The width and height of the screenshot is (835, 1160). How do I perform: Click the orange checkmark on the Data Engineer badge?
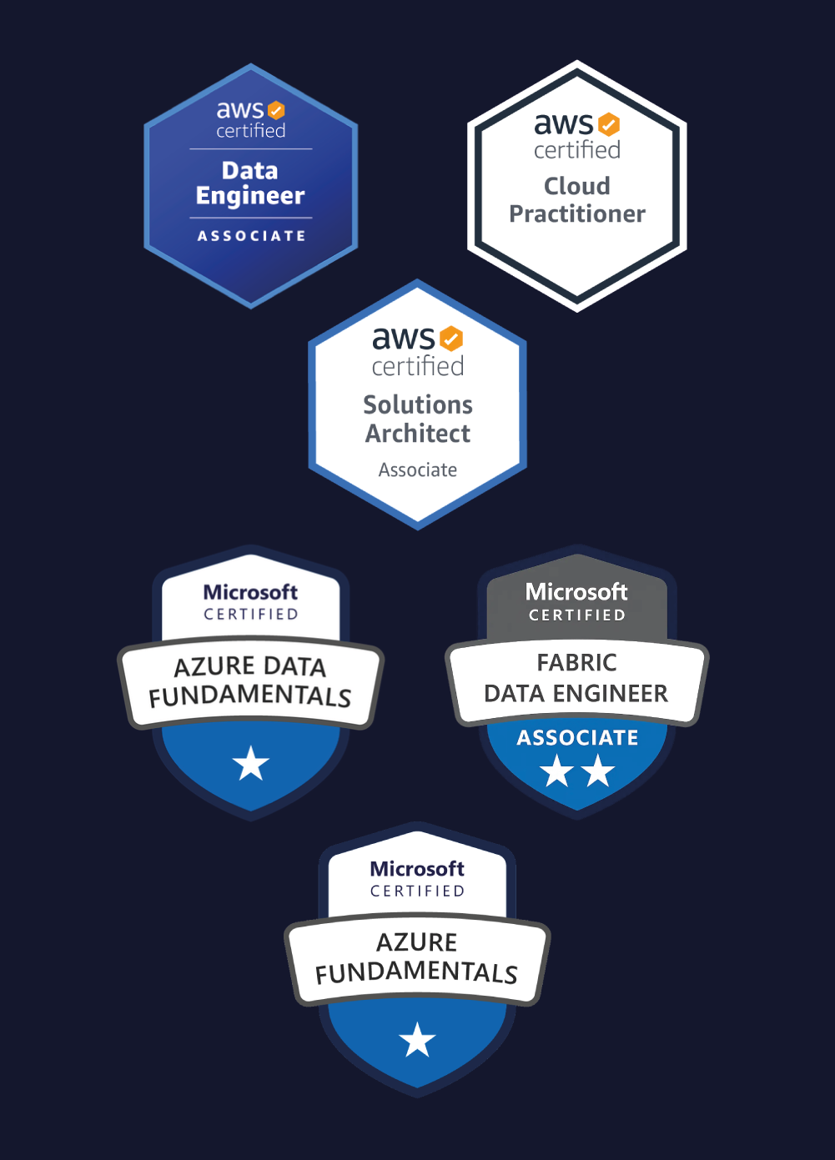click(x=276, y=110)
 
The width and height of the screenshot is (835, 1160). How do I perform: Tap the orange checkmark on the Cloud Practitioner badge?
click(x=610, y=124)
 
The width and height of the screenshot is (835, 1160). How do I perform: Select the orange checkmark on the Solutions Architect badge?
click(x=451, y=339)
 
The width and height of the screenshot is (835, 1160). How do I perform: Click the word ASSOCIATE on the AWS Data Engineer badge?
click(x=251, y=236)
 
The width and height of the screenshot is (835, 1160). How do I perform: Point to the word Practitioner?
click(x=577, y=214)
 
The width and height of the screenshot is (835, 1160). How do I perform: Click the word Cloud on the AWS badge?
click(x=577, y=186)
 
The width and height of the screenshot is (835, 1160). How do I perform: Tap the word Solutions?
click(x=418, y=404)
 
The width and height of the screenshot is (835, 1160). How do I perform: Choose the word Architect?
click(x=418, y=434)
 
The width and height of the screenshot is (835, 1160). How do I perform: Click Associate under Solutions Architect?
click(x=418, y=470)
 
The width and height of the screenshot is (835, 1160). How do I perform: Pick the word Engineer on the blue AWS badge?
click(x=250, y=196)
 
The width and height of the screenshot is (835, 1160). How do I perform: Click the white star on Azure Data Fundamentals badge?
click(x=251, y=764)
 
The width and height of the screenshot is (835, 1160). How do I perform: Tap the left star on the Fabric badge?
click(x=556, y=771)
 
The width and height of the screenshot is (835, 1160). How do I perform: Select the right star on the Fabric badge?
click(x=598, y=771)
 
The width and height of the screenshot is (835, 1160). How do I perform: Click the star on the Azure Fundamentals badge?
click(x=417, y=1040)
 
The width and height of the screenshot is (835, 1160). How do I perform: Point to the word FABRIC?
click(x=577, y=663)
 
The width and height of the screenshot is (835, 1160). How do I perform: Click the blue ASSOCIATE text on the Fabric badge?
click(x=577, y=738)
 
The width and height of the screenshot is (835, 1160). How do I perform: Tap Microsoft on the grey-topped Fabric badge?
click(x=576, y=592)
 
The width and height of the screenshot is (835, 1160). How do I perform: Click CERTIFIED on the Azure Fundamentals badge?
click(x=417, y=891)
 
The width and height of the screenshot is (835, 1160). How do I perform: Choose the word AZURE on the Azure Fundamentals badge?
click(x=417, y=942)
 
